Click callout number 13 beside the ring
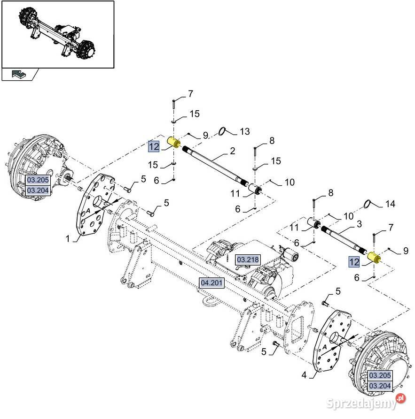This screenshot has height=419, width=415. click(x=245, y=131)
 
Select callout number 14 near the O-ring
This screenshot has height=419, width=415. click(x=390, y=204)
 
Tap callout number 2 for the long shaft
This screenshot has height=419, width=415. click(x=232, y=151)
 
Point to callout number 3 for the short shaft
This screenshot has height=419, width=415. click(x=360, y=224)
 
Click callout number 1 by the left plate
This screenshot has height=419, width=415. click(x=68, y=238)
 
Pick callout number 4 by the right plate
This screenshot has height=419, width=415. click(x=304, y=375)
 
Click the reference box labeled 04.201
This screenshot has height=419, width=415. click(x=211, y=283)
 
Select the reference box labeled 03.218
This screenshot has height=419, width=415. click(x=248, y=259)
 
